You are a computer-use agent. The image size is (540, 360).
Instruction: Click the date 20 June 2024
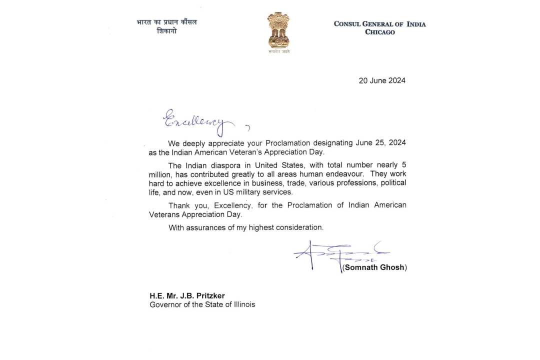point(382,80)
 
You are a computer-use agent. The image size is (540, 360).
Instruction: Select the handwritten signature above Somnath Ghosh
point(340,253)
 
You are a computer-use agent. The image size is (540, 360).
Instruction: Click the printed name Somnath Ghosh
point(374,267)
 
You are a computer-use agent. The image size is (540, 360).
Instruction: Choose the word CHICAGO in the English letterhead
point(380,32)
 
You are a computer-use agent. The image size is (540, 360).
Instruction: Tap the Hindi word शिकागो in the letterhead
point(166,31)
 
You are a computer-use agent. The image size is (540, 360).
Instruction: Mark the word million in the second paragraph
point(160,173)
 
